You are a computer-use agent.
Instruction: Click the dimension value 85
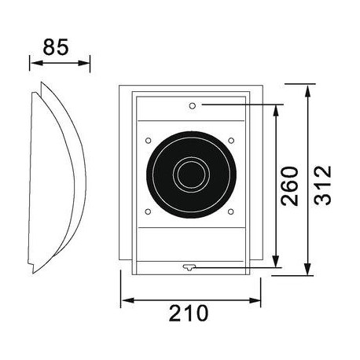pos(57,46)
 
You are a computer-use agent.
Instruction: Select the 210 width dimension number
pos(189,313)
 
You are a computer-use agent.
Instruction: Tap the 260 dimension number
pos(289,186)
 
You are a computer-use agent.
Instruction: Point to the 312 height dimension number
pos(321,186)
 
